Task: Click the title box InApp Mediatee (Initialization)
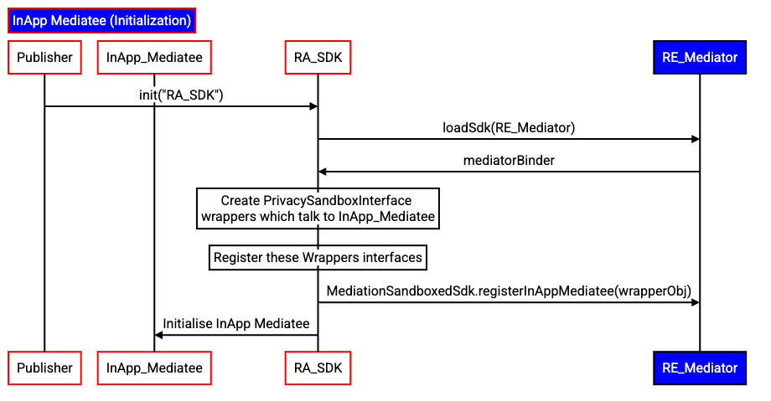(101, 20)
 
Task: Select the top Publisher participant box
(45, 58)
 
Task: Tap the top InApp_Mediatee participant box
(153, 58)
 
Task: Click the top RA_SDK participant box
(318, 58)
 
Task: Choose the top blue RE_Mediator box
(700, 58)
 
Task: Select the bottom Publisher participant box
(45, 368)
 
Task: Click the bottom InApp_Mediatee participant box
(153, 368)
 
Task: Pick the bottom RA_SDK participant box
(318, 368)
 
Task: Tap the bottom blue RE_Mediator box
(700, 368)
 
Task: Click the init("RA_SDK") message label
(181, 95)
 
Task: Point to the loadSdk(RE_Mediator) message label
(509, 128)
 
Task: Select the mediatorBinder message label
(509, 160)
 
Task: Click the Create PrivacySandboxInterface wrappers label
(318, 208)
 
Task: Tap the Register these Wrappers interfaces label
(318, 257)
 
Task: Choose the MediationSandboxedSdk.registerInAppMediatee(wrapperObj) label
(509, 290)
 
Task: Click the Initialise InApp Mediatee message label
(235, 323)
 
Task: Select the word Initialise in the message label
(188, 323)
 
